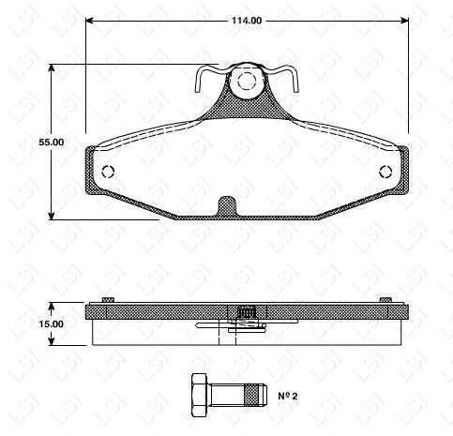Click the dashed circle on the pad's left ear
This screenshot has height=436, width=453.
[107, 173]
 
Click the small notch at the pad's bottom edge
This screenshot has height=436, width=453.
[226, 205]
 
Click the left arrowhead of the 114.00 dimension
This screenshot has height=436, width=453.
[89, 20]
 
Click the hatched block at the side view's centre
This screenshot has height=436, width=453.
[247, 312]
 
